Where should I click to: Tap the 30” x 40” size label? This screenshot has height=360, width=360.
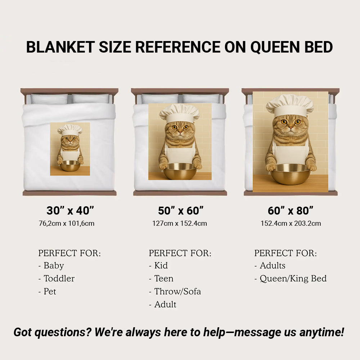pos(70,210)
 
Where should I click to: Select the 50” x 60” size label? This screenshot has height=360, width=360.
pos(181,210)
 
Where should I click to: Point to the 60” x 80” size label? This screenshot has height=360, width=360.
pos(291,210)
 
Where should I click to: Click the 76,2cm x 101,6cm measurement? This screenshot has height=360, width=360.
pos(66,223)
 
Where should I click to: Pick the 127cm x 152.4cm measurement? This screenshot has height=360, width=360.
pos(180,223)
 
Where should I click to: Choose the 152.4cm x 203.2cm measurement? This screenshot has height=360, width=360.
pos(291,223)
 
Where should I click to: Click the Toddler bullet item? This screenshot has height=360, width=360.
pos(59,278)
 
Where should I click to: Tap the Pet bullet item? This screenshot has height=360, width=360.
pos(50,291)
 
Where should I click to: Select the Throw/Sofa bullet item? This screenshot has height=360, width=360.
pos(177,291)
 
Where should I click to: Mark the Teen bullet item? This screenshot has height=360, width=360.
pos(163,278)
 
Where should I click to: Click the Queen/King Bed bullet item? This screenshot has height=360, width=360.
pos(293,278)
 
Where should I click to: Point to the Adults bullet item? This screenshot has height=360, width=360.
pos(272,265)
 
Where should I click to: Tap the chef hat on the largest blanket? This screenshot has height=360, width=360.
pos(290,104)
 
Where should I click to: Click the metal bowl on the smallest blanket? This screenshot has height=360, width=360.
pos(70,166)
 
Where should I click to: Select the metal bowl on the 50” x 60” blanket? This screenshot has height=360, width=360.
pos(180,171)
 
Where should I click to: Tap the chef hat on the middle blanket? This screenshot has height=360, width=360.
pos(179,113)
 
